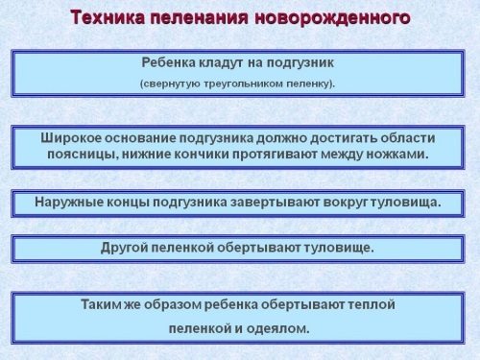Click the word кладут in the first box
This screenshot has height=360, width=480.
218,62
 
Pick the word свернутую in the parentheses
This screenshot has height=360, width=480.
172,83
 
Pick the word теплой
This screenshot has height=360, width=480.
372,304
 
